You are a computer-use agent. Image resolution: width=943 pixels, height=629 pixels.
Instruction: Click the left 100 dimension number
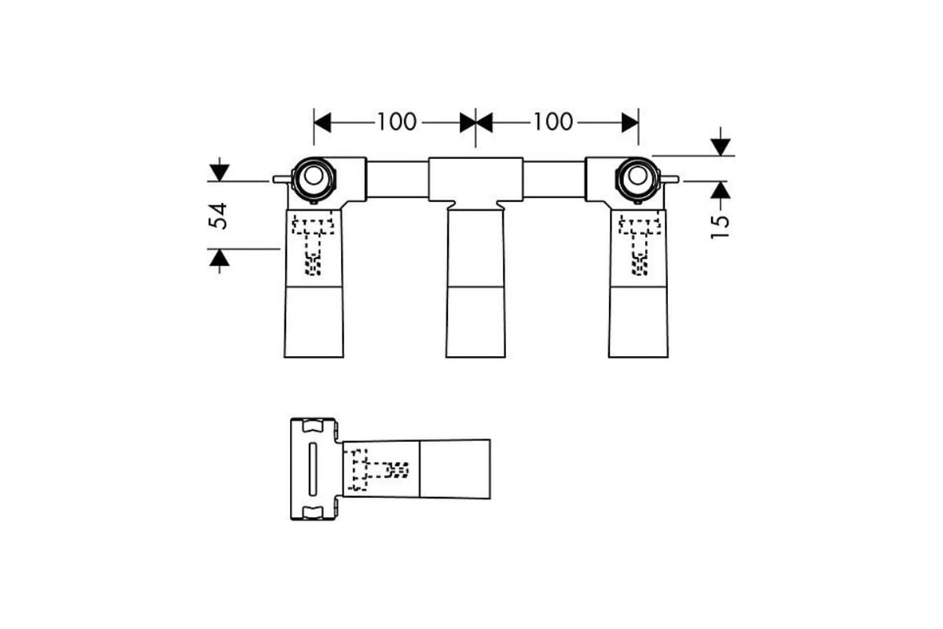[x=397, y=122]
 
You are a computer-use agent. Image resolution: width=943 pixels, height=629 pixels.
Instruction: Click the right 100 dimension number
[x=553, y=122]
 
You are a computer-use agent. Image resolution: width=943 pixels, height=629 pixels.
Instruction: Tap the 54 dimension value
[x=218, y=216]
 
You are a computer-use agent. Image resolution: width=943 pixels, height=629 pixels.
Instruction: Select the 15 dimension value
[x=720, y=227]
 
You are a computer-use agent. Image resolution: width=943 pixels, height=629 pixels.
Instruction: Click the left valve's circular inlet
[x=314, y=179]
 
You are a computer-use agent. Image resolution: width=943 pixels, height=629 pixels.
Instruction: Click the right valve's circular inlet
[x=637, y=179]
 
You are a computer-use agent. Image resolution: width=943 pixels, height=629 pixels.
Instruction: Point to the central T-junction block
[x=475, y=180]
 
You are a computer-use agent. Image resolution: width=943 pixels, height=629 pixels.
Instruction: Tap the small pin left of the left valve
[x=282, y=179]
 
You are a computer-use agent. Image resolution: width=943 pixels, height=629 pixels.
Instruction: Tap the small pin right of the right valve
[x=670, y=179]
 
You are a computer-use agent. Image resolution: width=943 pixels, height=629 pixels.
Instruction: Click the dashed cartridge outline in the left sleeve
[x=314, y=245]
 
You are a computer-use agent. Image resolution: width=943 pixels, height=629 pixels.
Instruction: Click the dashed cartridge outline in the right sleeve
[x=640, y=245]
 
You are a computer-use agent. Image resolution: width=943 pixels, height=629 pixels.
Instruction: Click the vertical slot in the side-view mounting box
[x=313, y=469]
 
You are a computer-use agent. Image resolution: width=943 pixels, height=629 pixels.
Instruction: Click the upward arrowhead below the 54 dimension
[x=219, y=258]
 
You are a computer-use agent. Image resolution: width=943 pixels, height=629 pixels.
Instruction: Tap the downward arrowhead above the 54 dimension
[x=219, y=173]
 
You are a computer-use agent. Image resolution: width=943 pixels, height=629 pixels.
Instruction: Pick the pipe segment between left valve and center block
[x=398, y=179]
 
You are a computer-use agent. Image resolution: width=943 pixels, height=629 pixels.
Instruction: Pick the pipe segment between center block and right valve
[x=554, y=179]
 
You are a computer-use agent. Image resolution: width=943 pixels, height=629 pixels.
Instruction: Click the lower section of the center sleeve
[x=475, y=322]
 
